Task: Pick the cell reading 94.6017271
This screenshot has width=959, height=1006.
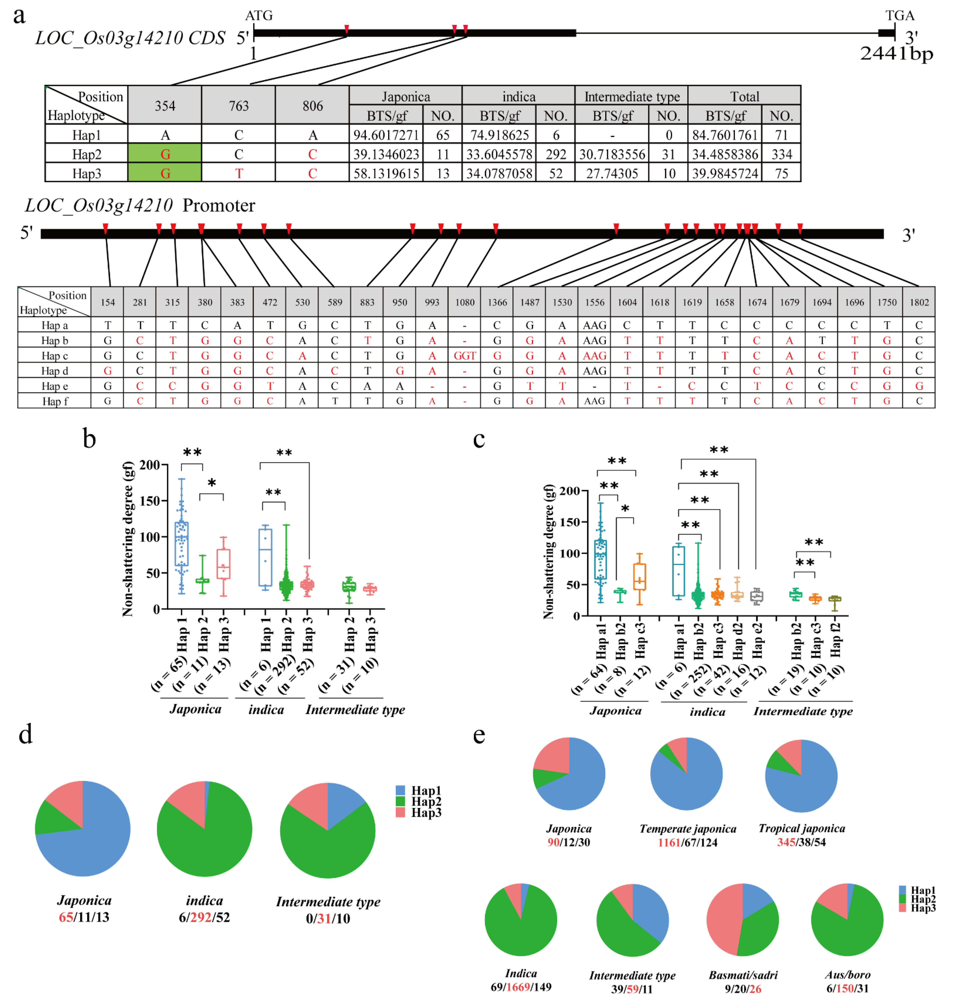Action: click(x=386, y=135)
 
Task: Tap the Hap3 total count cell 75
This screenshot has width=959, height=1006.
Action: click(x=781, y=173)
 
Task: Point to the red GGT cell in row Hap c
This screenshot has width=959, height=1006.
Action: click(x=465, y=355)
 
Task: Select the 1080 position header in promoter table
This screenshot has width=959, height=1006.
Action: click(x=465, y=302)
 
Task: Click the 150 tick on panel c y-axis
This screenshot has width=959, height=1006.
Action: click(x=570, y=522)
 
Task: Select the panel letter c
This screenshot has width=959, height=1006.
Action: click(x=479, y=439)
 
